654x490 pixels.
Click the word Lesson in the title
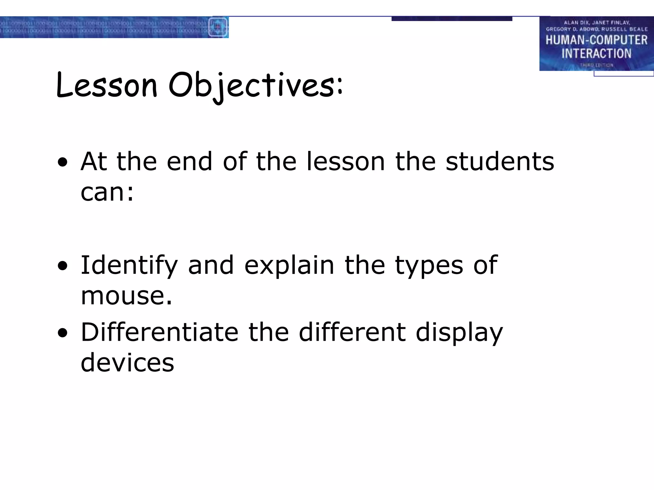coord(107,85)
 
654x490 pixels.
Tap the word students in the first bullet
coord(500,161)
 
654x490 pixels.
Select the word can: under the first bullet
coord(107,192)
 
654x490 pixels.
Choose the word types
coord(429,265)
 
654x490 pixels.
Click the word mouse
coord(126,296)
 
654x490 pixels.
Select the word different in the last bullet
coord(352,332)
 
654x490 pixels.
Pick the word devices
coord(127,363)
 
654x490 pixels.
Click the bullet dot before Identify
coord(63,266)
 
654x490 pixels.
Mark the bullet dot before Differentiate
coord(63,333)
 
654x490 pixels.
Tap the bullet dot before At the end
coord(63,162)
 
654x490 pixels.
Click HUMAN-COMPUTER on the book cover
coord(596,40)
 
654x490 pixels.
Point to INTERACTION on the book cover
coord(596,54)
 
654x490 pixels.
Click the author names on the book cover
coord(597,26)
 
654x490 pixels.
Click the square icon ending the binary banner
coord(218,27)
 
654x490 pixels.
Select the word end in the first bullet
coord(189,161)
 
